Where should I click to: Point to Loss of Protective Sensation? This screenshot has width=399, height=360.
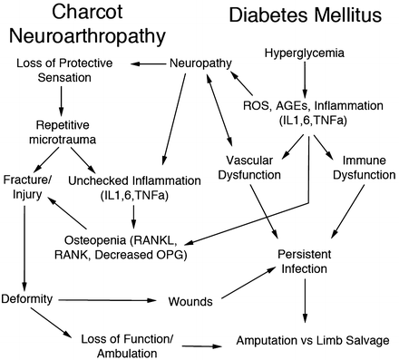tap(68, 73)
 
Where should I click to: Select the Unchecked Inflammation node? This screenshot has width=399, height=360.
tap(136, 187)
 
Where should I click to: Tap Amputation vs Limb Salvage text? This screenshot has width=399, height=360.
tap(307, 342)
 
